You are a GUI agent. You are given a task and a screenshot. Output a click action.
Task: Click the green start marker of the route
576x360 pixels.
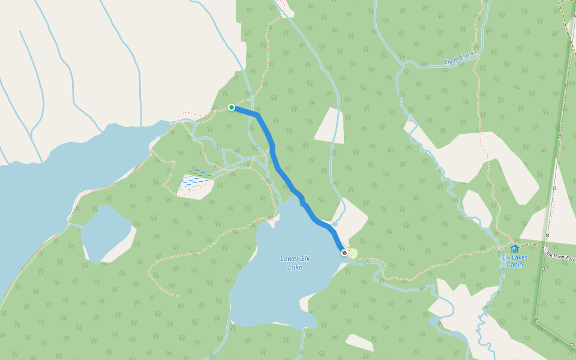tap(232, 107)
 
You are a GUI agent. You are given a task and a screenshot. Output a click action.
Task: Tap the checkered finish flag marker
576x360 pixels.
tap(344, 253)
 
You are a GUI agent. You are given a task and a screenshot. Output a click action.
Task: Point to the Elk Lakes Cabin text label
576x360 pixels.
tap(514, 261)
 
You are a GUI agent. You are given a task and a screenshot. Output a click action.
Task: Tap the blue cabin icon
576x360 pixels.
tap(514, 248)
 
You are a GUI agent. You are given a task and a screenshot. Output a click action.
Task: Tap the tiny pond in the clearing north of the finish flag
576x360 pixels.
tap(335, 224)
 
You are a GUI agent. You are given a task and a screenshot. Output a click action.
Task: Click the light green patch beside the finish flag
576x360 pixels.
tap(353, 253)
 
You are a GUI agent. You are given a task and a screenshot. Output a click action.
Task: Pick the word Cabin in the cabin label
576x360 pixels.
tap(514, 265)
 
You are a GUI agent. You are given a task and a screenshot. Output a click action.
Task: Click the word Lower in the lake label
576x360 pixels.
tap(289, 259)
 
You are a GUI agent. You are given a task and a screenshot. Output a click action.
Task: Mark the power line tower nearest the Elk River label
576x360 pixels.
tap(547, 235)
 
